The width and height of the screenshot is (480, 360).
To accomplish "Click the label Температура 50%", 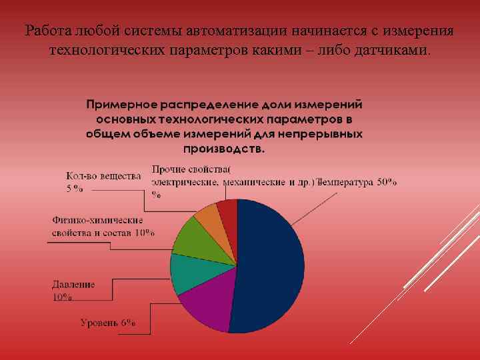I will pos(359,182).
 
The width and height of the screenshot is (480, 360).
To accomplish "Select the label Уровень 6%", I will pos(108,323).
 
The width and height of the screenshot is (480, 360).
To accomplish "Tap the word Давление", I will pos(73,284).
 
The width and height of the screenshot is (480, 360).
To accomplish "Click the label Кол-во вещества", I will pos(103,176).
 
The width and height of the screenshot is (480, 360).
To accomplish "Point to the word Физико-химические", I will pos(97,220).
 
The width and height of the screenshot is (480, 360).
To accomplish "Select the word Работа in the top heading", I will pos(47,31).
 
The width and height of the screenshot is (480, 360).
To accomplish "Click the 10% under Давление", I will pos(63,297).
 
